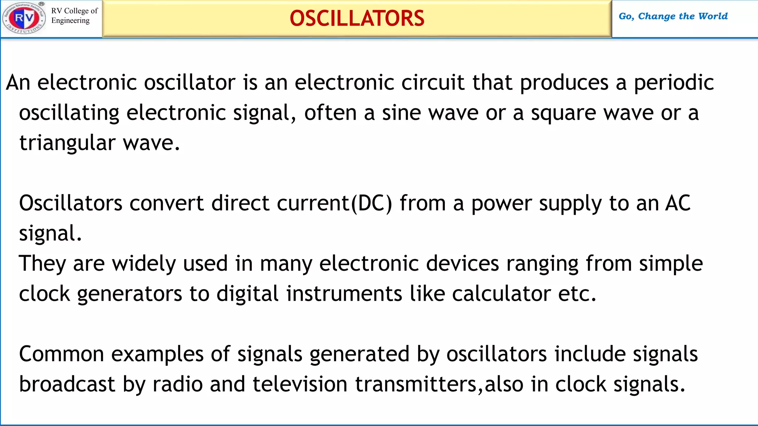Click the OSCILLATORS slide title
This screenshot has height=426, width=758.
[x=357, y=18]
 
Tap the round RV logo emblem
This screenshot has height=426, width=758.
[x=24, y=18]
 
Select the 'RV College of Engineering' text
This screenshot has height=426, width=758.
[x=74, y=16]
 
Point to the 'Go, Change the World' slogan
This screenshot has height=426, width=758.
[x=673, y=16]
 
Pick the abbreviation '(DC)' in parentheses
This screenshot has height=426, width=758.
[x=371, y=203]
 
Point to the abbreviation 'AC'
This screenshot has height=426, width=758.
[x=677, y=203]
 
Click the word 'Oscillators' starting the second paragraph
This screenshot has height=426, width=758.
[x=71, y=203]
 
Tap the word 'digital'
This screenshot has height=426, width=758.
[x=247, y=294]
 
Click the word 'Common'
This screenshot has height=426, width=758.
[x=61, y=354]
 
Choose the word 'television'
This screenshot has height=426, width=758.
[x=300, y=384]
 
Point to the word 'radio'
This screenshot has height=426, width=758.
[x=177, y=384]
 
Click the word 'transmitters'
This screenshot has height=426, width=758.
[x=416, y=384]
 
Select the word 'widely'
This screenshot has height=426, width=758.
[x=144, y=264]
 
